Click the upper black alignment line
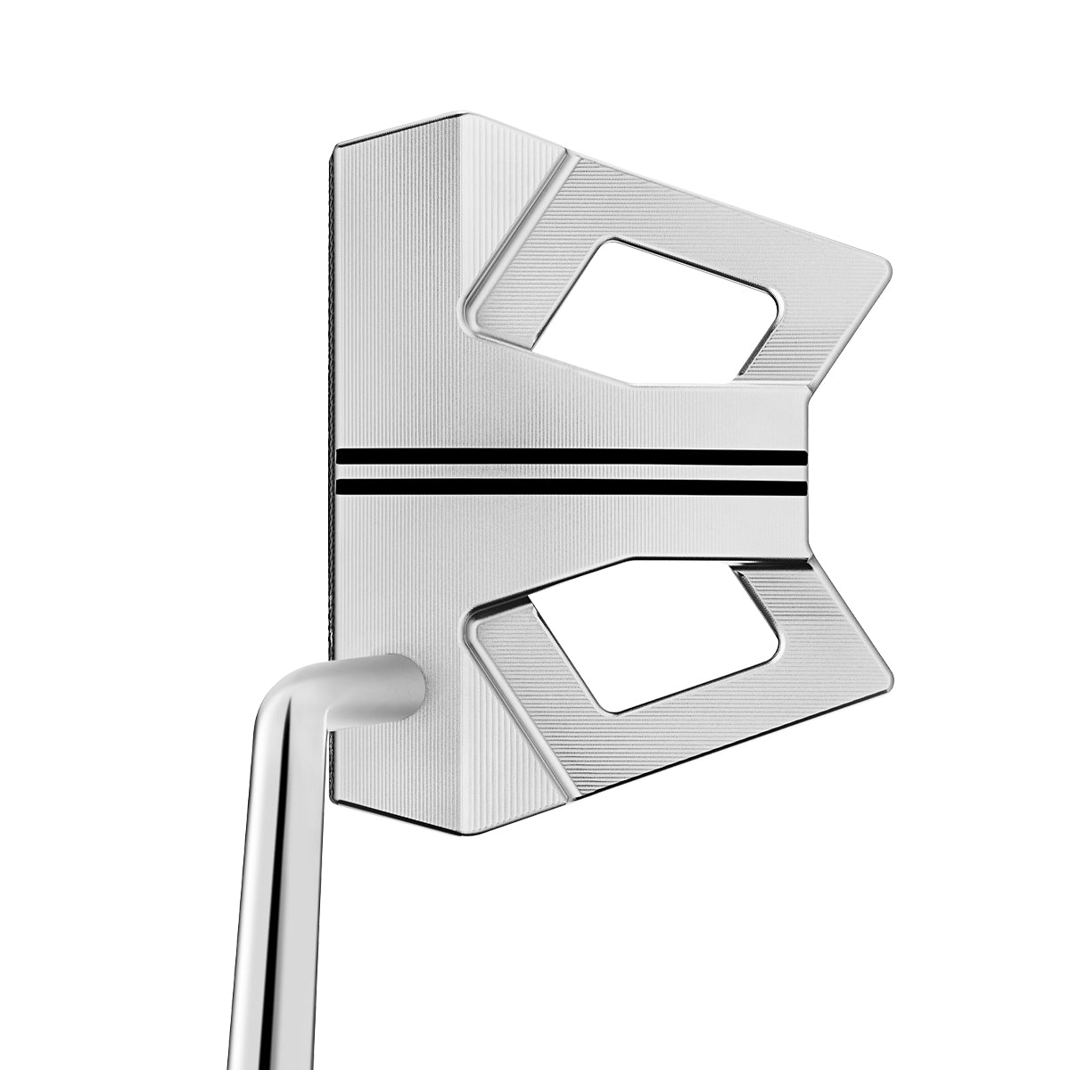click(571, 457)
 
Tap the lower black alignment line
click(571, 487)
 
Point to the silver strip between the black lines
click(571, 472)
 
